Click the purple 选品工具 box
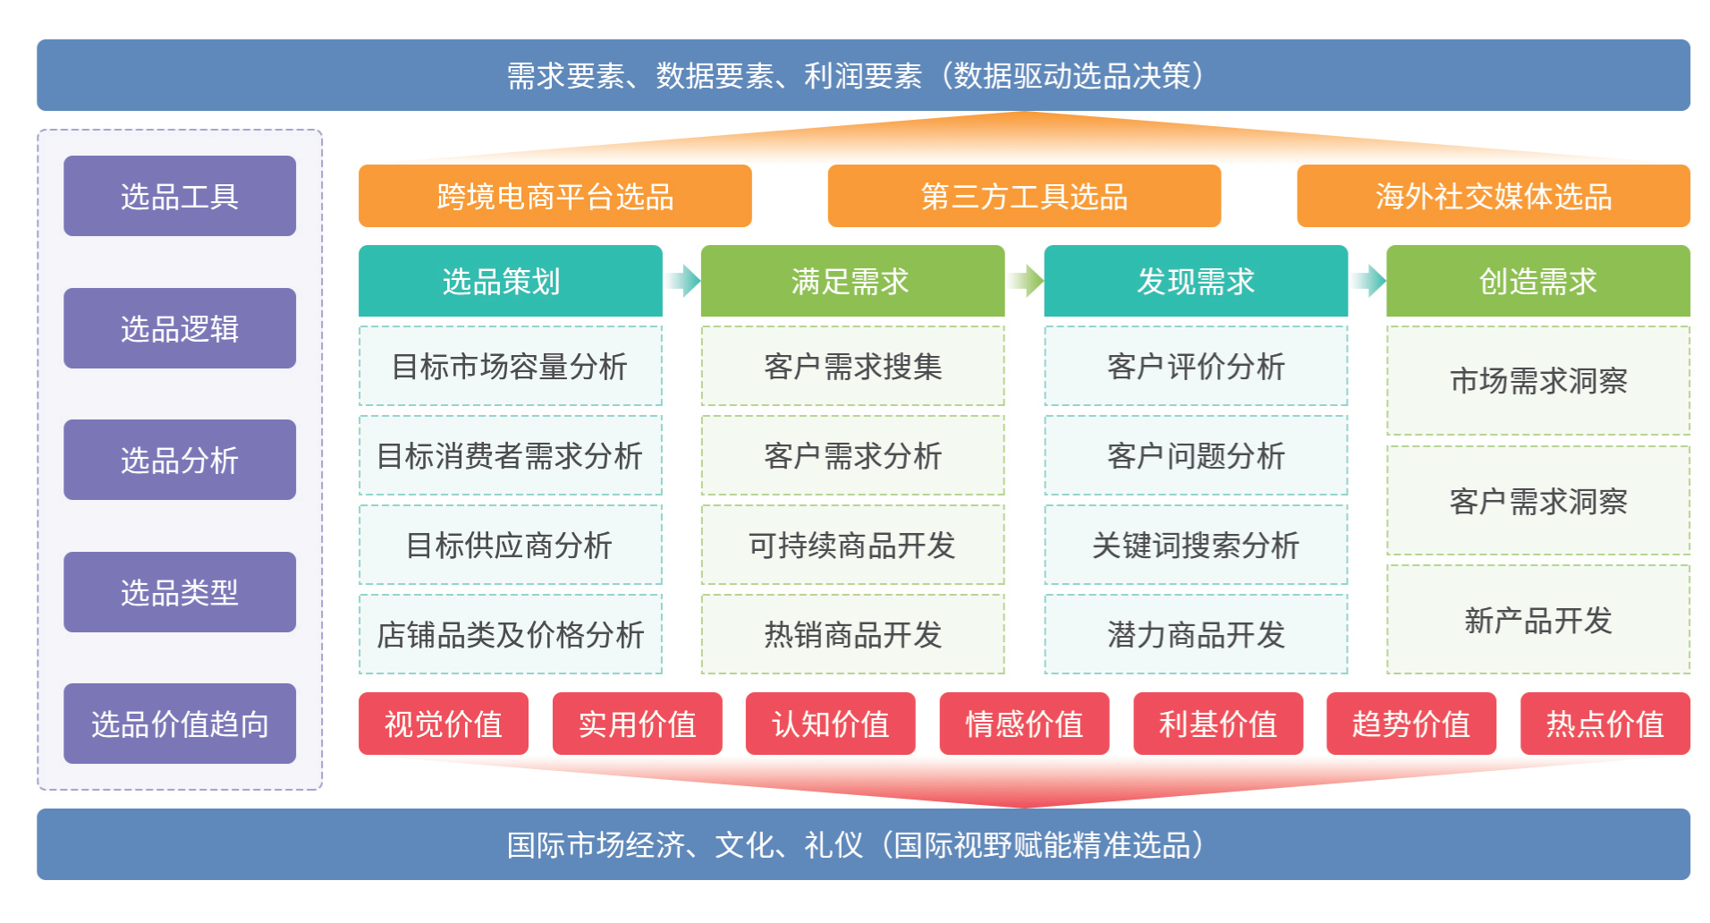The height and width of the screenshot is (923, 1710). pos(180,196)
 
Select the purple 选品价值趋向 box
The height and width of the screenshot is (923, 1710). pos(180,724)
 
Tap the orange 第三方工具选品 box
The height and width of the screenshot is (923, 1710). pos(1024,196)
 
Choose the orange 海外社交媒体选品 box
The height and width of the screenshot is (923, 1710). pos(1493,196)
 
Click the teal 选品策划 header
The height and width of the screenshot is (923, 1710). pos(510,281)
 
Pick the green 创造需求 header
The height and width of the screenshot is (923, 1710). pos(1537,281)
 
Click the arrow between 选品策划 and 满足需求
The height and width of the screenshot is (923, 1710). pos(683,281)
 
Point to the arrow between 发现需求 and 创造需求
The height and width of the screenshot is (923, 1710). pos(1368,281)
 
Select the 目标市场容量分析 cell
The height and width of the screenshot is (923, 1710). pos(510,366)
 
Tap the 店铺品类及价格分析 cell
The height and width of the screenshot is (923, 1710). pos(510,634)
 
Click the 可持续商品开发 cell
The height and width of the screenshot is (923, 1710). pos(852,545)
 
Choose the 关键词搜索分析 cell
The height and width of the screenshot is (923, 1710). pos(1196,545)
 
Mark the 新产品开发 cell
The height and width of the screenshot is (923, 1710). pos(1537,620)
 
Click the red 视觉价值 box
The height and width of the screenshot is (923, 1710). pos(443,724)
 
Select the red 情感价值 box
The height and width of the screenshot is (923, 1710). pos(1024,724)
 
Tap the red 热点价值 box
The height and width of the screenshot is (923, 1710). pos(1604,724)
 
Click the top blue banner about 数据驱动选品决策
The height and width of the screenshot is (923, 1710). pos(863,75)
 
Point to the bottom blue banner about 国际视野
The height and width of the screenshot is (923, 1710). pos(863,844)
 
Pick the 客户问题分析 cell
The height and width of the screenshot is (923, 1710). pos(1196,455)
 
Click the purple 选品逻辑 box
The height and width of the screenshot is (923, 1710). pos(180,328)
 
